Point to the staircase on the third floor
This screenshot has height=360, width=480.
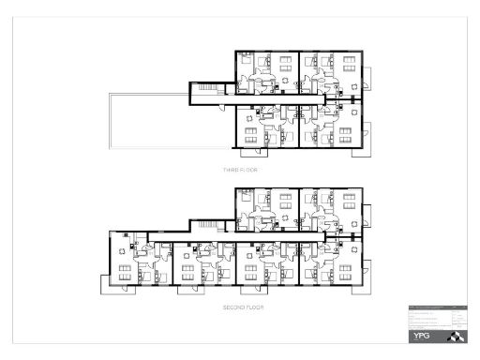click(202, 89)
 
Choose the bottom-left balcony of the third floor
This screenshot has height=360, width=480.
click(253, 152)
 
